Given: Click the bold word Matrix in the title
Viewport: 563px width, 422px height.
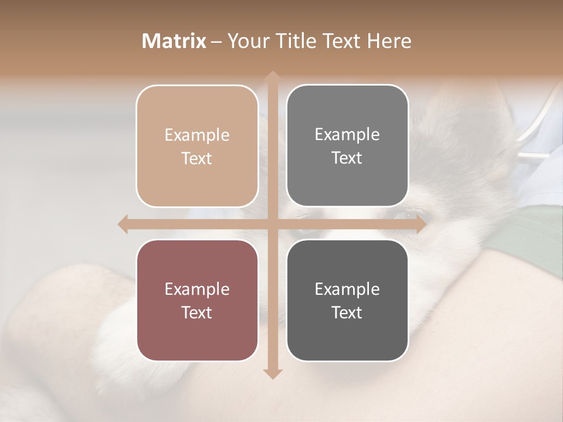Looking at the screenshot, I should pyautogui.click(x=174, y=41).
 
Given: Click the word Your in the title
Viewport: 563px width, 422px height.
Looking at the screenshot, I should pyautogui.click(x=249, y=41).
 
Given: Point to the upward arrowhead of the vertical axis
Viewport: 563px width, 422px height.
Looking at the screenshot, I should pyautogui.click(x=272, y=77).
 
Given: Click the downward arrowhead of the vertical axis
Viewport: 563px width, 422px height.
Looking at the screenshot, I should pyautogui.click(x=272, y=373).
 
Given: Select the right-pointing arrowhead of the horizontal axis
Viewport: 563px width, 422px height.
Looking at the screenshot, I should pyautogui.click(x=420, y=224).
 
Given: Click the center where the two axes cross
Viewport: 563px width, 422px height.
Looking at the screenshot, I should pyautogui.click(x=272, y=224).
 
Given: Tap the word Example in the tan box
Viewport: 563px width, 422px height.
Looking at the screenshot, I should pyautogui.click(x=197, y=135).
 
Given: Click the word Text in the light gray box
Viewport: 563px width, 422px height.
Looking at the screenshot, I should pyautogui.click(x=347, y=158).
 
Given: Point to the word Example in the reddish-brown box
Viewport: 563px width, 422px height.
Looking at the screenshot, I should pyautogui.click(x=197, y=289).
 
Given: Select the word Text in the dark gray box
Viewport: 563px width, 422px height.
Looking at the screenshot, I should pyautogui.click(x=347, y=312).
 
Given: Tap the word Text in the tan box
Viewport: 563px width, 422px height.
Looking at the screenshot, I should pyautogui.click(x=197, y=158).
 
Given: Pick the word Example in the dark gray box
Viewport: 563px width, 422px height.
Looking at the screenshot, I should pyautogui.click(x=347, y=289).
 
